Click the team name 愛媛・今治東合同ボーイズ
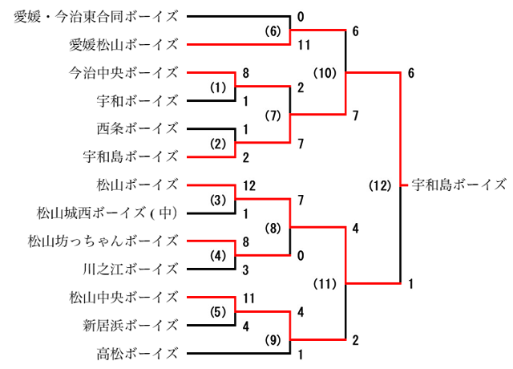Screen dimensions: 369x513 tap(96, 17)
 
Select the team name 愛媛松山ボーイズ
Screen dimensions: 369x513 tap(123, 45)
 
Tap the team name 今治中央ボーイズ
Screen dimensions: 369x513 tap(123, 73)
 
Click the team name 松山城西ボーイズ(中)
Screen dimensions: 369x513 tap(107, 213)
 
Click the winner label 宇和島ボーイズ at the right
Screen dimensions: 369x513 tap(458, 184)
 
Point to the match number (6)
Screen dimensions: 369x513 tap(273, 31)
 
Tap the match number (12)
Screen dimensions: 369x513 tap(379, 185)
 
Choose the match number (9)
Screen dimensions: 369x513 tap(273, 338)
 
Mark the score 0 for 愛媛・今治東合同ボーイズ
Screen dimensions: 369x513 tap(300, 17)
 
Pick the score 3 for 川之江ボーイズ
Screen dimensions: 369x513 tap(244, 269)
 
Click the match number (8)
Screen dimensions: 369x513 tap(273, 227)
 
